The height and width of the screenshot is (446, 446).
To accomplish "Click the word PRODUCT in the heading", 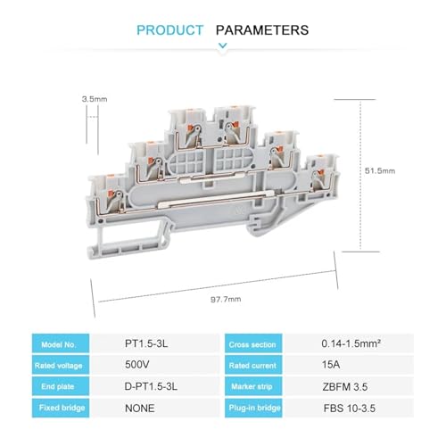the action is click(x=170, y=30).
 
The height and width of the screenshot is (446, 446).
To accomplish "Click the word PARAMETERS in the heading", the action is click(x=262, y=30).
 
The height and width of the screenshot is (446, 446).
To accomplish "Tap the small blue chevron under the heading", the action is click(x=223, y=45).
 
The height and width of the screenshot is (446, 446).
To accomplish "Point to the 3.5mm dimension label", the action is click(x=95, y=99).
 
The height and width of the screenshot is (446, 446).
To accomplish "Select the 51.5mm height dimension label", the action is click(x=380, y=170).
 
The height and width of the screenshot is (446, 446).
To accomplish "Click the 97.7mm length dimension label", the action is click(x=226, y=299).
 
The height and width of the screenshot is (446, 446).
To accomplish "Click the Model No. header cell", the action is click(x=61, y=343).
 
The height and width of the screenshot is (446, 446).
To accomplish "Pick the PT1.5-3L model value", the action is click(x=146, y=343).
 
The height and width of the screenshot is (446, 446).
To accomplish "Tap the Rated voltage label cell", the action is click(x=61, y=365).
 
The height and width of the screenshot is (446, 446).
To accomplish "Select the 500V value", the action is click(x=137, y=365).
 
